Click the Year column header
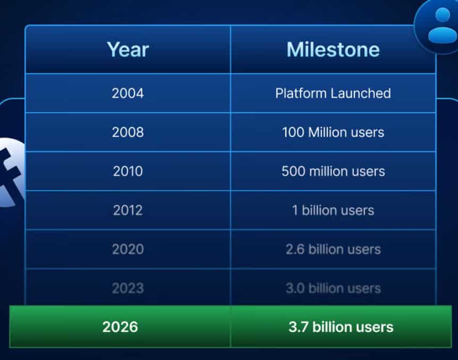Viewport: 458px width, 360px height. click(128, 49)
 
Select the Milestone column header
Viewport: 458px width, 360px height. click(333, 49)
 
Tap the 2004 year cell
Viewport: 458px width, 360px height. click(128, 93)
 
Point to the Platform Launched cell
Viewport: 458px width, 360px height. click(333, 93)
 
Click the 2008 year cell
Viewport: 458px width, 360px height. click(128, 132)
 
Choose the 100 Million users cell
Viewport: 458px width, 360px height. click(333, 132)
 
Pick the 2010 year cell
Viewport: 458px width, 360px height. click(128, 171)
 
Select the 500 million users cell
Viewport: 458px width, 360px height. click(333, 171)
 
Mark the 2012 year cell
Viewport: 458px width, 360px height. click(128, 210)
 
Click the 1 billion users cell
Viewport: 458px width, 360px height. click(333, 210)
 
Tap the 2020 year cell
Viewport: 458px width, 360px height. click(128, 249)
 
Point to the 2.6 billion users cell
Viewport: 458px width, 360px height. click(333, 249)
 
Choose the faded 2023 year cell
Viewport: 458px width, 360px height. click(128, 288)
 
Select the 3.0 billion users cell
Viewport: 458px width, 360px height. click(333, 288)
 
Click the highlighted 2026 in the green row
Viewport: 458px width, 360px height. click(120, 327)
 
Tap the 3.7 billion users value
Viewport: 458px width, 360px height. click(341, 327)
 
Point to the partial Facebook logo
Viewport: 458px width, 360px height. click(8, 172)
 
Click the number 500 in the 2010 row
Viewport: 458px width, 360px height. click(292, 171)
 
